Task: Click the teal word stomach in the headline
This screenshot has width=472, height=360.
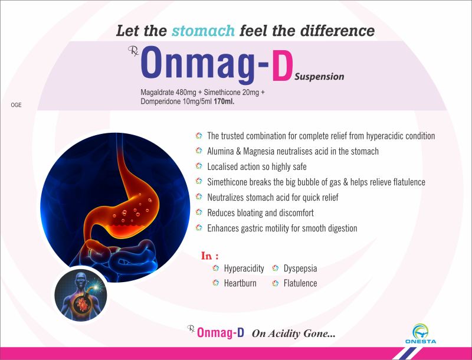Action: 203,31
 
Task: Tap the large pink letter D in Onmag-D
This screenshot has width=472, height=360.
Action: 283,66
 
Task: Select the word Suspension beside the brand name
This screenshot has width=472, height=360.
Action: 319,77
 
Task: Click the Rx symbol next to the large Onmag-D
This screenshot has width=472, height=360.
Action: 133,51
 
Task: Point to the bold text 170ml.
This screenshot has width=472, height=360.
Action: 224,102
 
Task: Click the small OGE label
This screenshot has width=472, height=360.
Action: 17,105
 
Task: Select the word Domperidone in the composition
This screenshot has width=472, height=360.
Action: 160,102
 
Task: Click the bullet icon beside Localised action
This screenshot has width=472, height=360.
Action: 199,166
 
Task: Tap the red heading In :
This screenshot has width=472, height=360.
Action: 210,256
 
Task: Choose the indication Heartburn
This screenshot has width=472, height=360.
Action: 240,283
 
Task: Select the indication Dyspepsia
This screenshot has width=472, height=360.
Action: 300,269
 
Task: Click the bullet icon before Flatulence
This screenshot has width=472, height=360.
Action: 275,283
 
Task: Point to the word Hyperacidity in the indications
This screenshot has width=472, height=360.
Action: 244,269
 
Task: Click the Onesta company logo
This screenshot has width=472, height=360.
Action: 421,334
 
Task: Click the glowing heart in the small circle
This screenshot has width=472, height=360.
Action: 82,304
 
